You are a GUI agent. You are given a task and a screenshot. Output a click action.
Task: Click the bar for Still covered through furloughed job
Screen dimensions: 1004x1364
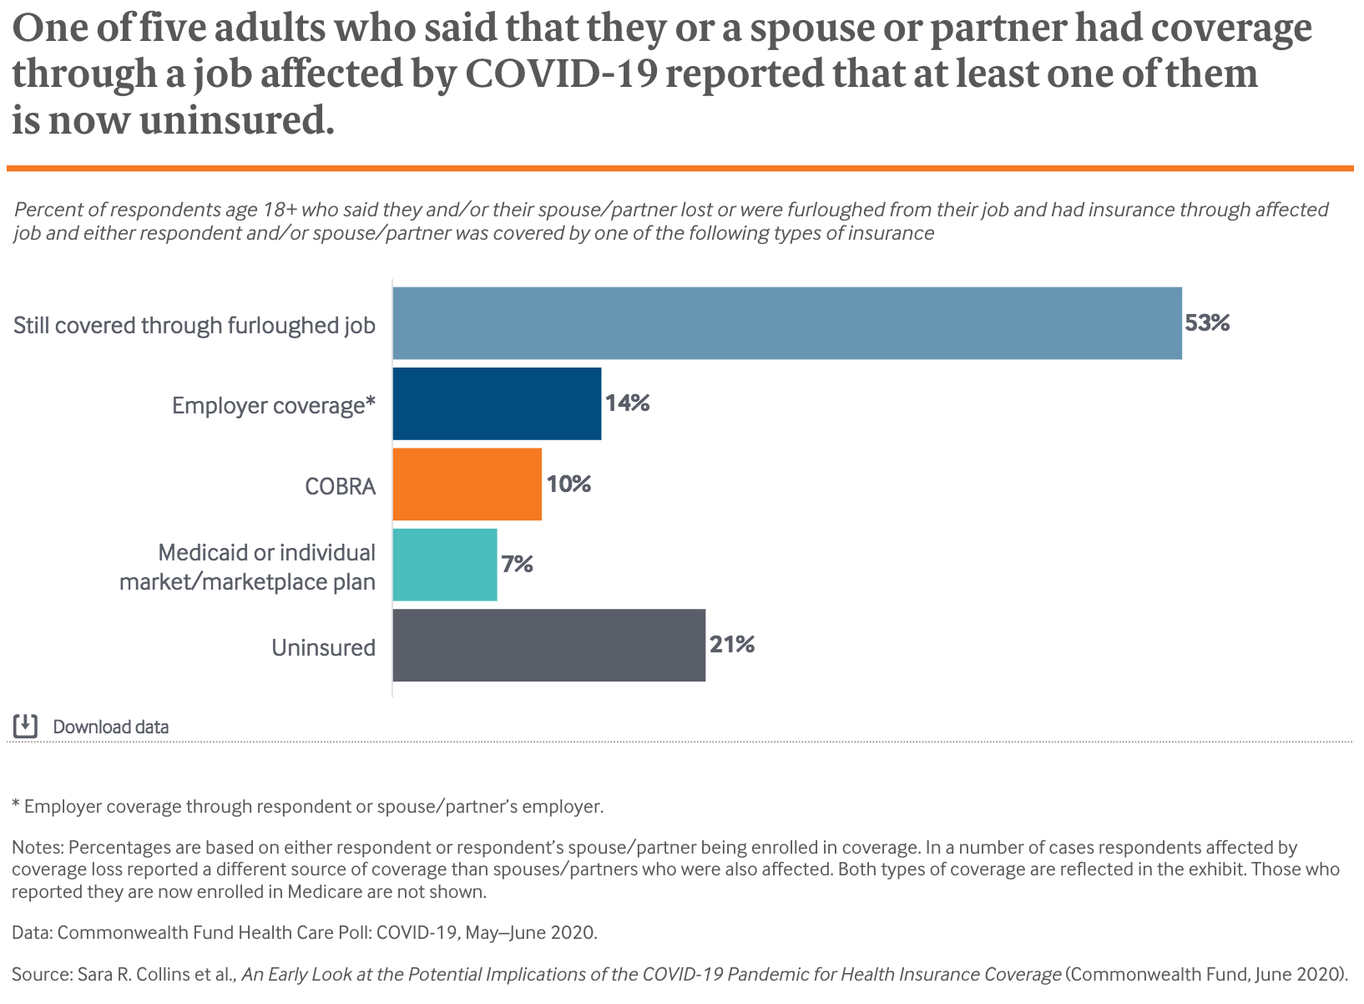[786, 323]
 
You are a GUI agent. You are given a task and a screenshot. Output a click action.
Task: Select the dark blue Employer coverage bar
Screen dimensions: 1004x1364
[497, 403]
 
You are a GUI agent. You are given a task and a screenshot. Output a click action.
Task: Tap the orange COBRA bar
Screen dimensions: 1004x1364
[467, 484]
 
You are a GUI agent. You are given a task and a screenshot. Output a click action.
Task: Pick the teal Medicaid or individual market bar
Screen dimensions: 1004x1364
[445, 565]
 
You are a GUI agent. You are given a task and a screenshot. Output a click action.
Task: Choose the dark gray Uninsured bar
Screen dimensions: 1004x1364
[548, 645]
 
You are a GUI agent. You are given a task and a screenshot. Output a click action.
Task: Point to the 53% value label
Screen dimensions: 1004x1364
[1207, 323]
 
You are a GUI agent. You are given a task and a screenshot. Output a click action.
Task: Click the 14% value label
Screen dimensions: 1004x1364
[627, 403]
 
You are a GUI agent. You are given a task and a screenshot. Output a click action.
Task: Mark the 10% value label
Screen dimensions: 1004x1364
[568, 484]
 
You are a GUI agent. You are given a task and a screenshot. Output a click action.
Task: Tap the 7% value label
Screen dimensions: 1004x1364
[517, 565]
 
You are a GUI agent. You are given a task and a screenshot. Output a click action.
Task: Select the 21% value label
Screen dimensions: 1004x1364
[732, 645]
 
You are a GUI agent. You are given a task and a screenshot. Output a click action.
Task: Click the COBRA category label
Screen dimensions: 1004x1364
[341, 486]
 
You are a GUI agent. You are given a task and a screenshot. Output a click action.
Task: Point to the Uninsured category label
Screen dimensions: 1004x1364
[323, 647]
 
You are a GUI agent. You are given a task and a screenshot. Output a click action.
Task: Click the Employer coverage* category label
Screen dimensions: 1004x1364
[274, 406]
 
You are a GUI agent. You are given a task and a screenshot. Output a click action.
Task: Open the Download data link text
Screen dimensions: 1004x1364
[111, 727]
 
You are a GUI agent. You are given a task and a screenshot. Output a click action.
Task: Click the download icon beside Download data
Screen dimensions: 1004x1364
[26, 726]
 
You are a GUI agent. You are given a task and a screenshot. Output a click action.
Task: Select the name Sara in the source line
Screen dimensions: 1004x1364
[95, 974]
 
